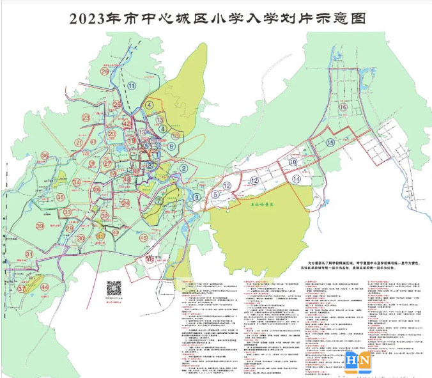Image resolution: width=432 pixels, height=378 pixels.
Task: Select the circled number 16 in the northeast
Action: tap(343, 108)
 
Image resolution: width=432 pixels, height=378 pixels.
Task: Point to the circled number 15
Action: tap(330, 143)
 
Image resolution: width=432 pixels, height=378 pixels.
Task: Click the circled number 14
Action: tap(296, 180)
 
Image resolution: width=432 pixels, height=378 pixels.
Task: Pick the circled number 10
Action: tap(292, 164)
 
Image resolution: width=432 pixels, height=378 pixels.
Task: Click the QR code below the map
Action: tap(114, 287)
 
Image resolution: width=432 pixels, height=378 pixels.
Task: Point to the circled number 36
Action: tap(45, 156)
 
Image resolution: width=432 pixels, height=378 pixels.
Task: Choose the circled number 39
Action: tap(40, 226)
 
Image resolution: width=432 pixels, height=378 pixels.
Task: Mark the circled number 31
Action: tap(29, 255)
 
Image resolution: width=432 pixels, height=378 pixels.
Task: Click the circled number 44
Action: tap(44, 288)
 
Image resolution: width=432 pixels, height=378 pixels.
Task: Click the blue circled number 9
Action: tap(197, 197)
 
